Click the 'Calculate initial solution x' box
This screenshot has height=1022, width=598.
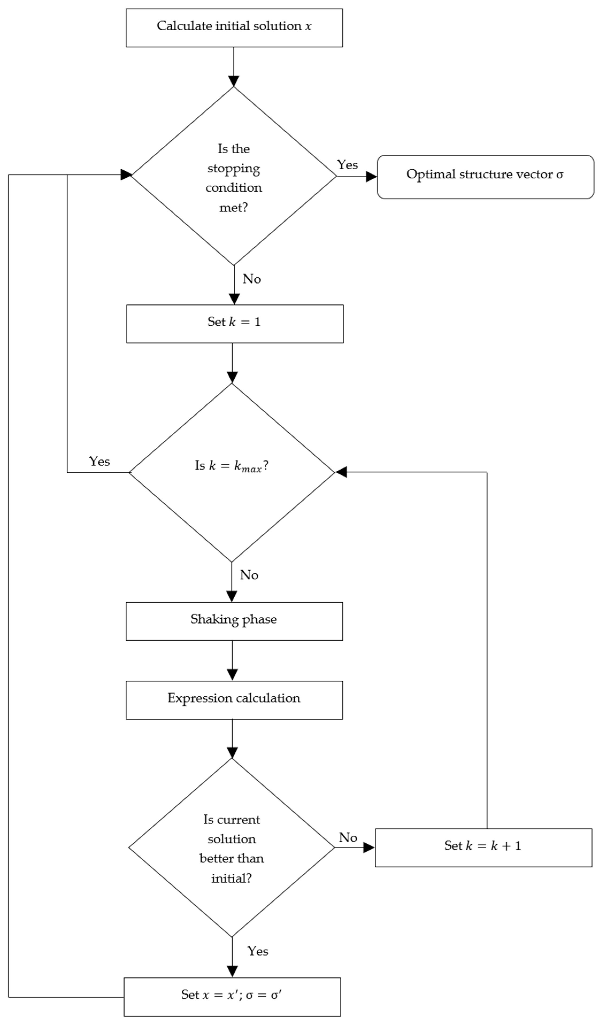coord(234,28)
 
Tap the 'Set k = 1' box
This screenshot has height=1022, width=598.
coord(234,324)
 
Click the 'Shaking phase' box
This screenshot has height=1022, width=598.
coord(234,621)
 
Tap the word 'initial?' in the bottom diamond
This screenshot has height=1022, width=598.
coord(231,878)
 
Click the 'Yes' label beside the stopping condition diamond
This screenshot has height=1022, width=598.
coord(347,165)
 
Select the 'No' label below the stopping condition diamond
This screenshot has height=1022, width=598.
coord(252,279)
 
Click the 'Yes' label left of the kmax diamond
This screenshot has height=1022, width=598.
coord(99,462)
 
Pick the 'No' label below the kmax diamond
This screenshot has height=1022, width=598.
coord(249,575)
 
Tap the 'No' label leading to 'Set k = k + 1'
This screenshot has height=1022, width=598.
coord(348,837)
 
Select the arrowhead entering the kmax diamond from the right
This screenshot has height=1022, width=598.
coord(341,472)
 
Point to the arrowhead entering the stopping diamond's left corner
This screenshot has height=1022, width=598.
coord(126,175)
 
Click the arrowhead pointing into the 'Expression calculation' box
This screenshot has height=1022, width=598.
coord(232,674)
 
